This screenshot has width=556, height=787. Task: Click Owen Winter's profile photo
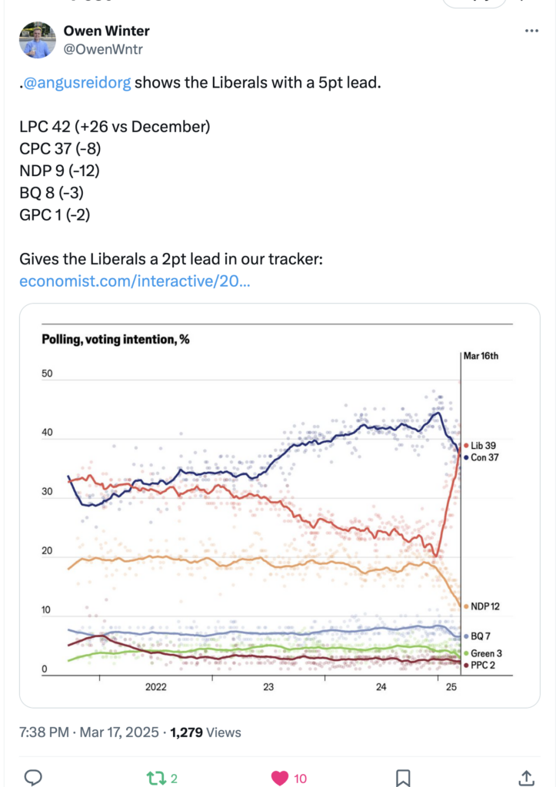coord(37,40)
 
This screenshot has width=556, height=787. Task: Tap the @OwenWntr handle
coord(103,49)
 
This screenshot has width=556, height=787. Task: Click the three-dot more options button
coord(531,31)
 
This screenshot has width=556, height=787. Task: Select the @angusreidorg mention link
coord(78,82)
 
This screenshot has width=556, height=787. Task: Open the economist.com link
coord(135,281)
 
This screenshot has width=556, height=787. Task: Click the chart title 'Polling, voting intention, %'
coord(115,340)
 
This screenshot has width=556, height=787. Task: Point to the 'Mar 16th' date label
coord(481,356)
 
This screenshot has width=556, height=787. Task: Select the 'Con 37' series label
coord(481,457)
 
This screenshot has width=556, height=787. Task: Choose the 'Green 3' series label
coord(483,653)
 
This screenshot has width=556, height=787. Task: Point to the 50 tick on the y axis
coord(47,374)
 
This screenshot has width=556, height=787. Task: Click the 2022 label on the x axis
coord(155,686)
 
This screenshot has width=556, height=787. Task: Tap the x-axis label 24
coord(381,686)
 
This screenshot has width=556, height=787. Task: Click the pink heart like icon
coord(280,778)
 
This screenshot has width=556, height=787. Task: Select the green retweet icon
coord(156,779)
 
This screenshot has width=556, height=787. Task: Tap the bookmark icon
coord(403,778)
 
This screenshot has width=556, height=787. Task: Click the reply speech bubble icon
coord(33,778)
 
